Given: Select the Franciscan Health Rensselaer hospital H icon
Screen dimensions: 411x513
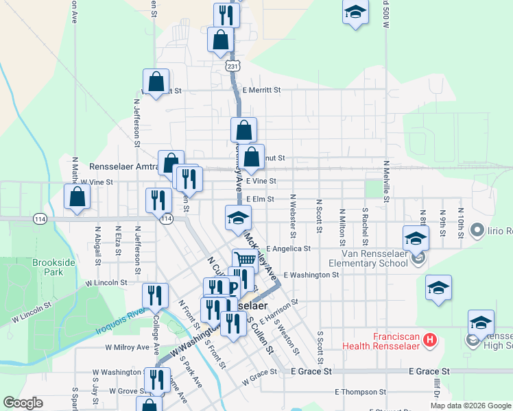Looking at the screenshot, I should (430, 339).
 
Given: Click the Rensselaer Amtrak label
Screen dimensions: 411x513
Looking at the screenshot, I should (123, 166).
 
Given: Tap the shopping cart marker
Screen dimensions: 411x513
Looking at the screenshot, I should (244, 260).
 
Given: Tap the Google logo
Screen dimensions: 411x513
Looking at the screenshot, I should (23, 402).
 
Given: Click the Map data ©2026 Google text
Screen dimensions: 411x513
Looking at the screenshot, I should (470, 406).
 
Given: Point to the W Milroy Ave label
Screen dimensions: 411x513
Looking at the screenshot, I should (127, 347).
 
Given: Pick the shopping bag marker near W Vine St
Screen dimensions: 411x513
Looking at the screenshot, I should (77, 197).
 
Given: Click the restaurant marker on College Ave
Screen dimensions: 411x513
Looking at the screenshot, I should (155, 295).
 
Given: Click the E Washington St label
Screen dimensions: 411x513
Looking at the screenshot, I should (311, 275).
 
